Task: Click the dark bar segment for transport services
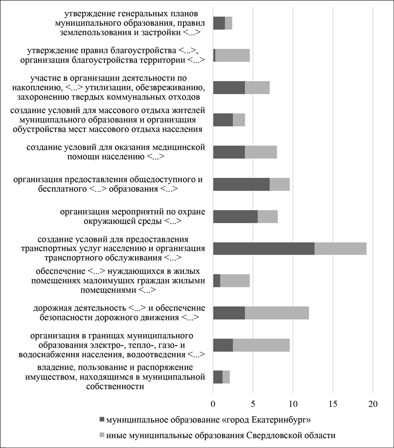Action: click(x=264, y=249)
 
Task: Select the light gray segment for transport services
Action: click(x=340, y=249)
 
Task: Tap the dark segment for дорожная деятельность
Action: click(x=229, y=313)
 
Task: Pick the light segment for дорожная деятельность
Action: click(x=277, y=313)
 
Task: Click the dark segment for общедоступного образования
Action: click(x=241, y=184)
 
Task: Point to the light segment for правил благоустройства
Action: click(x=232, y=55)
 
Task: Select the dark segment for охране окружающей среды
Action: click(x=235, y=216)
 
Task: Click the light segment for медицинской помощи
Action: click(x=261, y=152)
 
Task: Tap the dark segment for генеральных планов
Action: click(x=219, y=23)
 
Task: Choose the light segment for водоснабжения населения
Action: click(x=261, y=345)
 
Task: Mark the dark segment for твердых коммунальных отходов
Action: click(x=229, y=88)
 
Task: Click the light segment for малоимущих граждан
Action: click(x=235, y=281)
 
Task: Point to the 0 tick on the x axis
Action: click(x=213, y=404)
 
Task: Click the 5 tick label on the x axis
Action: click(x=253, y=404)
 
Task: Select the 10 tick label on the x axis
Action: click(x=293, y=404)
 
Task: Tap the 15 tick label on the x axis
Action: click(x=333, y=404)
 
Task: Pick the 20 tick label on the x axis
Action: click(x=373, y=404)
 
